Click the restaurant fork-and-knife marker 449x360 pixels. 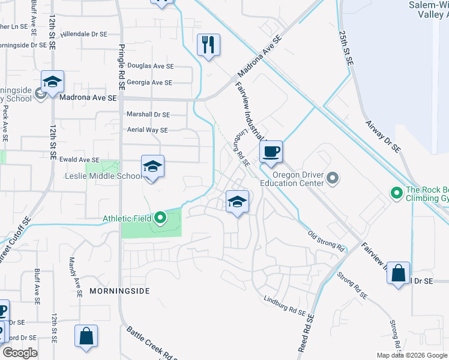click(208, 45)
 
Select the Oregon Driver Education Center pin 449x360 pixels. click(334, 178)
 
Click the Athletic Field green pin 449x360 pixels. click(160, 218)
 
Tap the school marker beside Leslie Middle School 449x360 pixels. click(152, 167)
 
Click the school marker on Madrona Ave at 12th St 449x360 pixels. click(53, 82)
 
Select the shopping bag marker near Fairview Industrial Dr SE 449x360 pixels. click(398, 274)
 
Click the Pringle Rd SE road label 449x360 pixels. click(121, 67)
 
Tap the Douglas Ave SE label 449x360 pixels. click(150, 67)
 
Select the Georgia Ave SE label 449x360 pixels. click(149, 83)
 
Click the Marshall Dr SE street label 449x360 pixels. click(148, 115)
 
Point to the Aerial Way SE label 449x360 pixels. click(147, 130)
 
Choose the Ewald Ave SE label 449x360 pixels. click(79, 160)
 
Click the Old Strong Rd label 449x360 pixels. click(326, 241)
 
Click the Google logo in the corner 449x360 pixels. click(20, 353)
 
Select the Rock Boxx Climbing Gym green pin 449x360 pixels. click(396, 193)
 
